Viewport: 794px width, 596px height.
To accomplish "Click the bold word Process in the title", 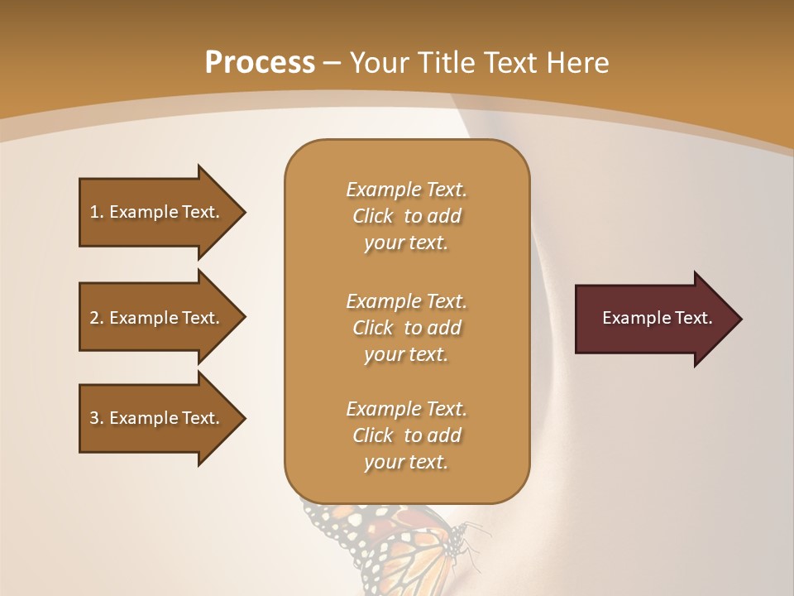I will (x=260, y=63).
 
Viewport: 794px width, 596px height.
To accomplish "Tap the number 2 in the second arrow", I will (x=94, y=318).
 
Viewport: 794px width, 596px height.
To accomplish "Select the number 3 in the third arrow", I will (x=94, y=418).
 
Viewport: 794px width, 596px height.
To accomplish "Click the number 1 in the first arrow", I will (x=94, y=212).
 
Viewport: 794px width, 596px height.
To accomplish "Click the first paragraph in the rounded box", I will (x=406, y=216).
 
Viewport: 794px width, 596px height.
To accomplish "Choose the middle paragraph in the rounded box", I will (x=406, y=328).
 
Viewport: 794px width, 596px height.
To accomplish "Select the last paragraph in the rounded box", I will (x=406, y=435).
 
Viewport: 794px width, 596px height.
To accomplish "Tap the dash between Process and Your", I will (x=332, y=64).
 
